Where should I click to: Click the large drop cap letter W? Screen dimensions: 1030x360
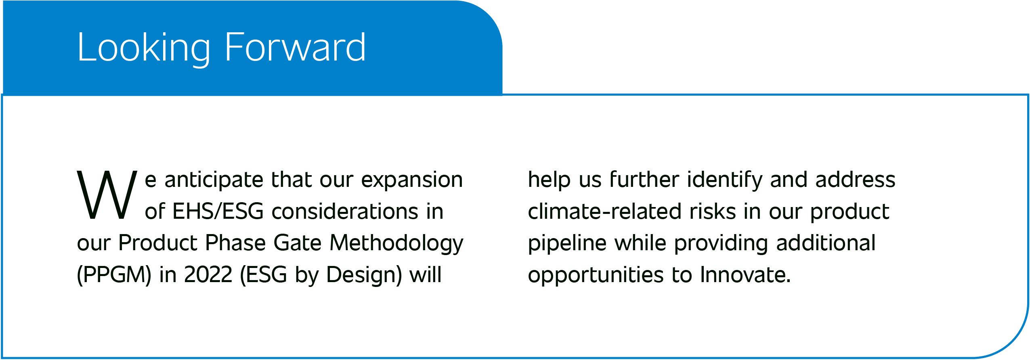(107, 195)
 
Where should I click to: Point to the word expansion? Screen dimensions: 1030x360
(412, 180)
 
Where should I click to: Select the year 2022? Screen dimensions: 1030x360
(208, 275)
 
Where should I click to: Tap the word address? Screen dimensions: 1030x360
(855, 180)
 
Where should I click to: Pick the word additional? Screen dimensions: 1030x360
(826, 243)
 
